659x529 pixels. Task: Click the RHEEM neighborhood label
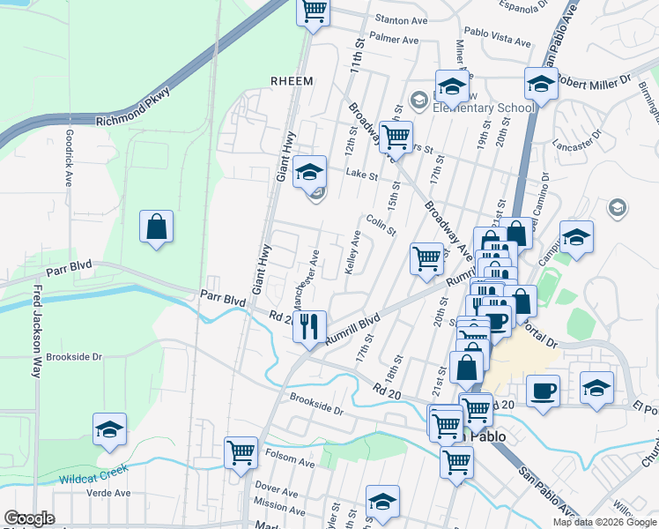coord(292,80)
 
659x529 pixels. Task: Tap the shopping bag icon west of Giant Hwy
coord(156,227)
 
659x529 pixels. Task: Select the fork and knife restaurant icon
coord(309,327)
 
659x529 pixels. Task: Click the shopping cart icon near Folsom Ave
coord(241,453)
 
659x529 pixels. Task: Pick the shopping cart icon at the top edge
coord(315,11)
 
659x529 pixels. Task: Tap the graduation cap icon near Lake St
coord(309,172)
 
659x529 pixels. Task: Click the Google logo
coord(29,518)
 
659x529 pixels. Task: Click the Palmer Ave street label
coord(394,40)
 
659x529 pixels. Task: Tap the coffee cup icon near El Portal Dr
coord(544,391)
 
